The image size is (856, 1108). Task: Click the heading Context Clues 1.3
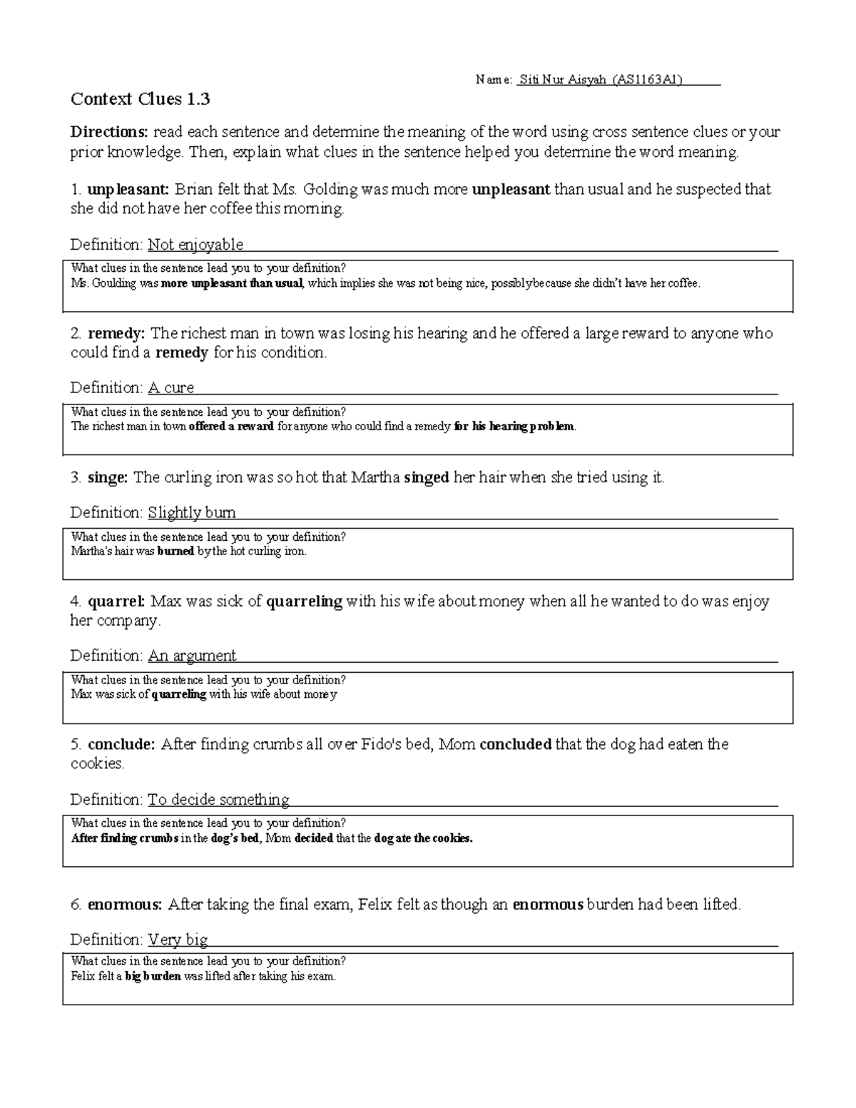point(140,99)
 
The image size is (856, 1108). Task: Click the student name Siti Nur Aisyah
point(564,80)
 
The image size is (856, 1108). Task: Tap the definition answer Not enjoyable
point(195,245)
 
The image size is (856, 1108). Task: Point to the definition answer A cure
point(170,387)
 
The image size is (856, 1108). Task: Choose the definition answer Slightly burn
point(191,512)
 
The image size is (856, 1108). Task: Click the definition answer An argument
point(191,655)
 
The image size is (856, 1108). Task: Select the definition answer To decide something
point(218,799)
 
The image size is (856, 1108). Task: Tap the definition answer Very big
point(178,939)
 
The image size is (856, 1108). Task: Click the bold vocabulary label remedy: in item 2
point(117,333)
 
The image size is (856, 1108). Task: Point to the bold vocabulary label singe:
point(108,477)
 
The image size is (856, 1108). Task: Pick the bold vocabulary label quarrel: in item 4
point(116,601)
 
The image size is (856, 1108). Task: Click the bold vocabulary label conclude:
point(121,744)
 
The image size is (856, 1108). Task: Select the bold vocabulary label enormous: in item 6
point(125,905)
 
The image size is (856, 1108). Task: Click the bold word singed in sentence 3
point(427,477)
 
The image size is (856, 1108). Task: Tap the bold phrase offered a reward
point(230,427)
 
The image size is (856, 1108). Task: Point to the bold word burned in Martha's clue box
point(175,552)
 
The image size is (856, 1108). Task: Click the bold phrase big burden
point(153,976)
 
